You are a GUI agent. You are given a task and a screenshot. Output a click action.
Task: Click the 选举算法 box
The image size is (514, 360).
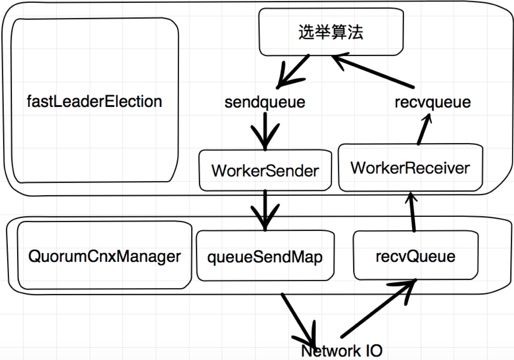point(331,32)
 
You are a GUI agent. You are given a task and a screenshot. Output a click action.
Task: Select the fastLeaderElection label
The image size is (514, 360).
point(94,102)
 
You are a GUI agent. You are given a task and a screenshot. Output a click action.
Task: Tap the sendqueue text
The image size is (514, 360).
point(265,103)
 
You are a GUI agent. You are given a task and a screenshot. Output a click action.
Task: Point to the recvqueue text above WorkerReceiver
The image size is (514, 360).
point(432,103)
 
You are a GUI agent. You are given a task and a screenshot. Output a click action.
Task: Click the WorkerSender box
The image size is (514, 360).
point(265,171)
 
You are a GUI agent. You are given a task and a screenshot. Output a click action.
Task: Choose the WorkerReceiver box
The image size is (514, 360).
point(410,168)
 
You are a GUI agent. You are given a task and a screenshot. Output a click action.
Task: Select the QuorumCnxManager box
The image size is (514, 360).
point(105,256)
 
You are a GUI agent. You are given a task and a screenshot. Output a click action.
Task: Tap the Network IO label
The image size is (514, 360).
point(342,351)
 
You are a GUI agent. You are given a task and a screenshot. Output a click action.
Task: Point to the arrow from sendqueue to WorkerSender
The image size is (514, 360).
point(265,131)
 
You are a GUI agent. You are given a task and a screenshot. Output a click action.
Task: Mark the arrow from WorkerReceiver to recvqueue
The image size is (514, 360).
point(424,130)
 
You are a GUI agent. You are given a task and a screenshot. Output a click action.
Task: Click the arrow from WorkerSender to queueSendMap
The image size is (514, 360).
point(265,210)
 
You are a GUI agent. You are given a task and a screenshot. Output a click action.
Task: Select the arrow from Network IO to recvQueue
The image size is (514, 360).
point(378,308)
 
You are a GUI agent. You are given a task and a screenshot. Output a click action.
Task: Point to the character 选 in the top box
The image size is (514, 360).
point(306,32)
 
